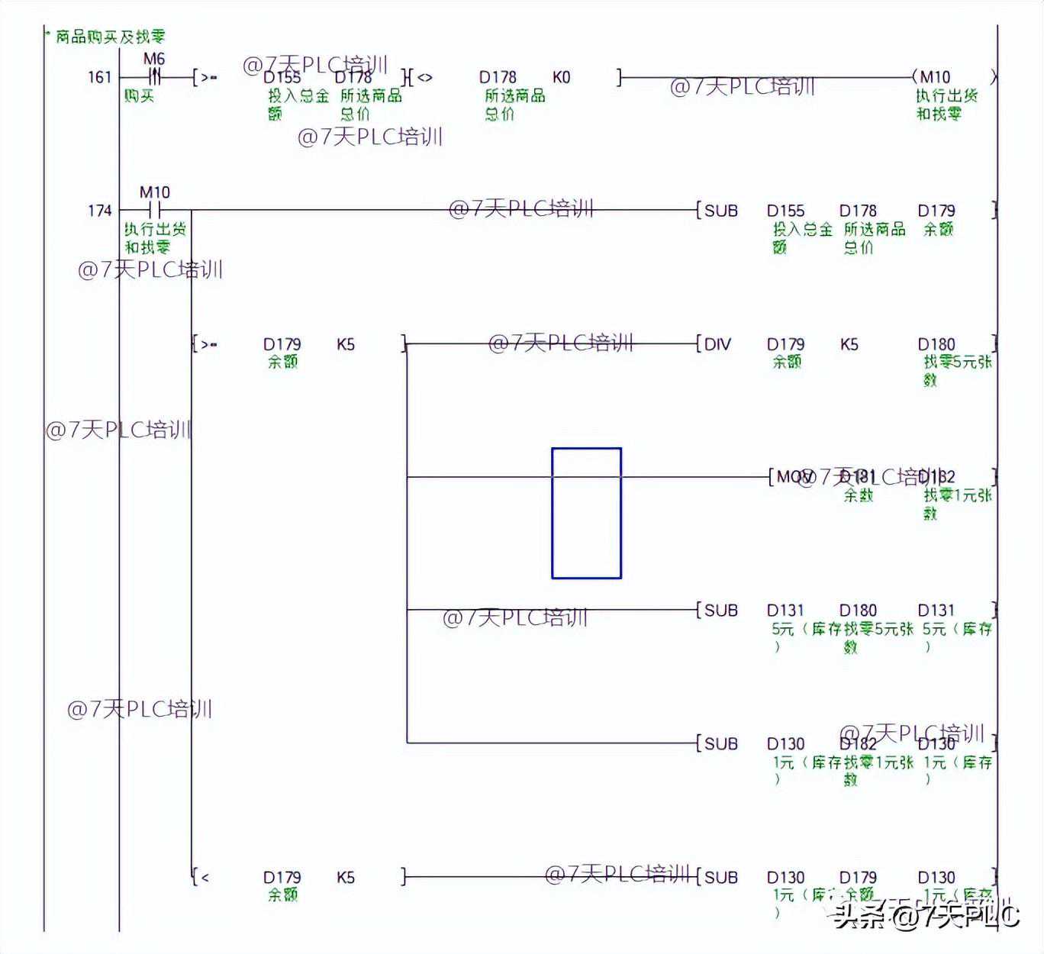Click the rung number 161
(100, 77)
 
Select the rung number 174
(100, 211)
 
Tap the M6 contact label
(154, 59)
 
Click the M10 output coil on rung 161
(936, 77)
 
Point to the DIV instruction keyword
(717, 344)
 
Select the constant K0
(561, 77)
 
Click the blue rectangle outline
(586, 513)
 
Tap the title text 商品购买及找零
(110, 37)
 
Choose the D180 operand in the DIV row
(936, 344)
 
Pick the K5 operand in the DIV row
(849, 344)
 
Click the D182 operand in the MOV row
(937, 477)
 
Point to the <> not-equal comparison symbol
(424, 77)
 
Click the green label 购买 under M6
(140, 96)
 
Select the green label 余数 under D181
(859, 495)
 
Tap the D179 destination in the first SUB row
(936, 211)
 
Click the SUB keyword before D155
(720, 211)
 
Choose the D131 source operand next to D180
(785, 611)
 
